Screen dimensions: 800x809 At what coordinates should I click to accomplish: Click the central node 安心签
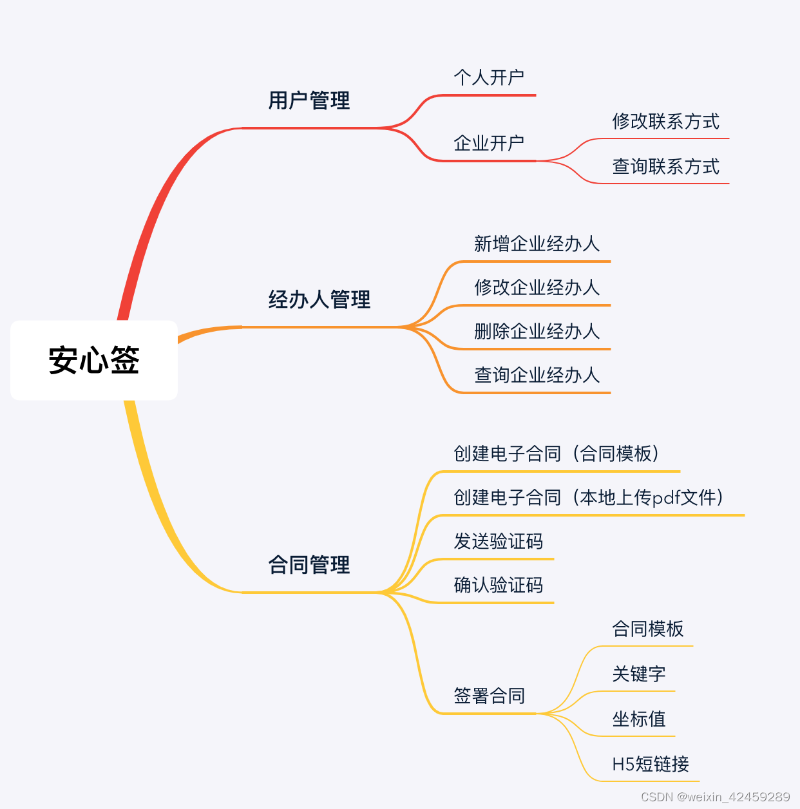(94, 360)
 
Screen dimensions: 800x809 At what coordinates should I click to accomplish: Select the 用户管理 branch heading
(309, 100)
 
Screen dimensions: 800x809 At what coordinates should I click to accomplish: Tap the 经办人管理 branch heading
(319, 300)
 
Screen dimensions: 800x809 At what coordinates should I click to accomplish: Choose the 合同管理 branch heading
(309, 565)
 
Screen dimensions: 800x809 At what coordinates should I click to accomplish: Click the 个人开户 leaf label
(489, 78)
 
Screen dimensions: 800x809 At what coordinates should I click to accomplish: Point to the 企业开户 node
(489, 143)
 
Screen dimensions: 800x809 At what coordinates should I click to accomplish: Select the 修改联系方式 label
(665, 121)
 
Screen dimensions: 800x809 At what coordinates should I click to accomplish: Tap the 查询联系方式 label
(665, 166)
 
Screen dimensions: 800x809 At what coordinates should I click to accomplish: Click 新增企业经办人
(537, 243)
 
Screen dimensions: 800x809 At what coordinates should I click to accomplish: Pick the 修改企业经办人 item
(537, 287)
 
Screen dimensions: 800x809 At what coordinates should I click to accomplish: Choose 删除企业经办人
(537, 331)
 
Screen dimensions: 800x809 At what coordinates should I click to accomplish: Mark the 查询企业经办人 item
(537, 375)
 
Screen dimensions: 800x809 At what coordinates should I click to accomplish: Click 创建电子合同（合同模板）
(557, 453)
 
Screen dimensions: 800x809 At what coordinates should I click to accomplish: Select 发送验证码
(499, 541)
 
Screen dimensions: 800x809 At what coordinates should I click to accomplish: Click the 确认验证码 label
(499, 585)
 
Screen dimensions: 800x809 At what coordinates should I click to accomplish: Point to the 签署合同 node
(489, 696)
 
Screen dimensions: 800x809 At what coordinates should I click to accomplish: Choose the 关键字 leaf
(638, 674)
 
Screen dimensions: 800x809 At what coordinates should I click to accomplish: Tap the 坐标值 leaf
(638, 719)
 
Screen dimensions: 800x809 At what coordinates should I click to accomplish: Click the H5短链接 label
(651, 764)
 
